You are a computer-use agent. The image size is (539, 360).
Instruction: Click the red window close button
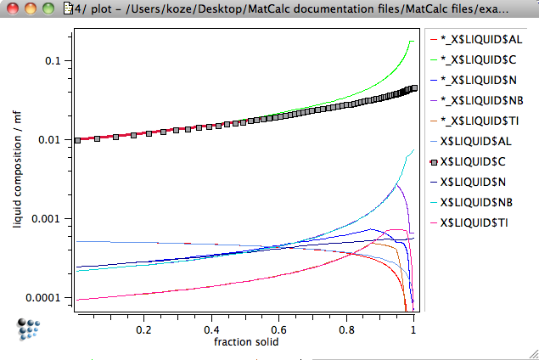12,9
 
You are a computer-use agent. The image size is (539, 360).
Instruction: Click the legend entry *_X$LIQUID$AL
482,40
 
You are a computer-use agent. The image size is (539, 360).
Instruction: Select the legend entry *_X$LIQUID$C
480,59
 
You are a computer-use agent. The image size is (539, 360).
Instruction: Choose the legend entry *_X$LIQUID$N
480,80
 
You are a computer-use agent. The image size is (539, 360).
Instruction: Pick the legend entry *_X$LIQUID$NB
482,100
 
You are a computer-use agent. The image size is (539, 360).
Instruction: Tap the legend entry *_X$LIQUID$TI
481,121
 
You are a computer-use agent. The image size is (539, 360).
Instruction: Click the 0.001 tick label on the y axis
50,218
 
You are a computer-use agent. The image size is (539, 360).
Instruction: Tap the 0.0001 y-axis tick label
48,297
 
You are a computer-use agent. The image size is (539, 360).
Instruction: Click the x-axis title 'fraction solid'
245,342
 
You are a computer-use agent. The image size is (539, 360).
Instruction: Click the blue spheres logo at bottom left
30,329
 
